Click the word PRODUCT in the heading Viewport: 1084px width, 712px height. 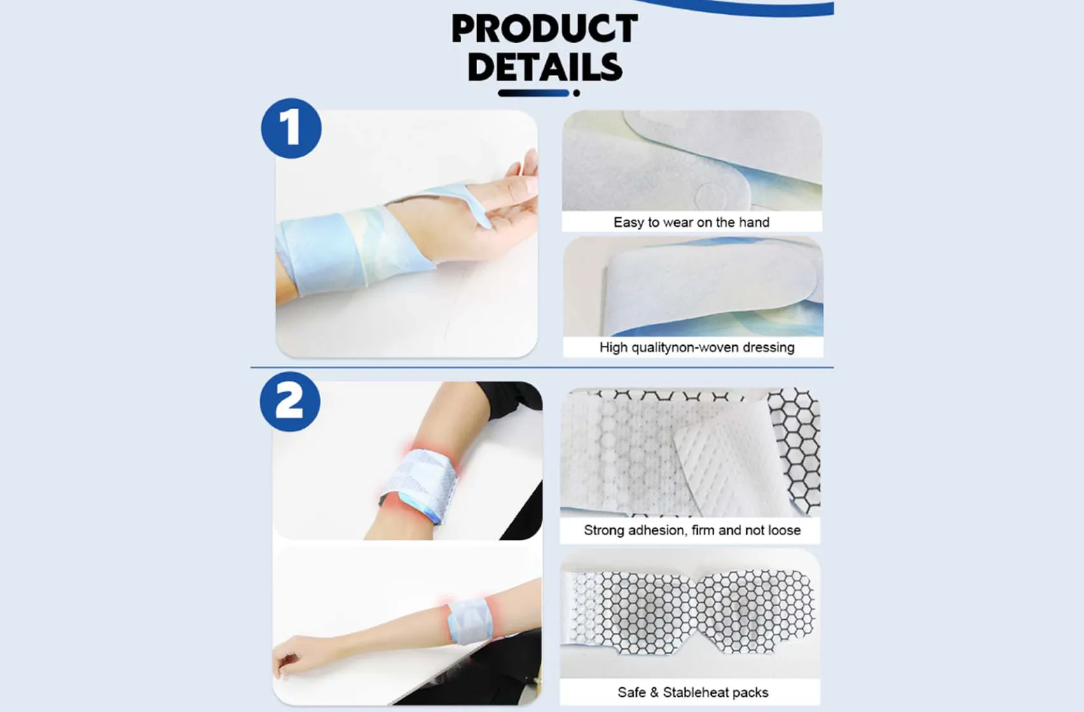(x=545, y=29)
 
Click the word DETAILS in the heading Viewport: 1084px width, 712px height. (x=545, y=67)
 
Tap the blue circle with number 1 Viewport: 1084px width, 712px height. (x=291, y=128)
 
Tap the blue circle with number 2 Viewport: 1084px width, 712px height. (x=290, y=402)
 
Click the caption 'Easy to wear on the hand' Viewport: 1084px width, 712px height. (x=691, y=222)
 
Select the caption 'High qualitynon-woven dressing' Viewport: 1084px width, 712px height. (x=697, y=348)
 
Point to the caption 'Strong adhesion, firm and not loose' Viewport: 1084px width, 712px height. (x=692, y=530)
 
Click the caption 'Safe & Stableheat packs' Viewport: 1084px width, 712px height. (x=693, y=692)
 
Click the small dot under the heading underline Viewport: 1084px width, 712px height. (x=576, y=93)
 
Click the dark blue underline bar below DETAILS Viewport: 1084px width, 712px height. (x=533, y=93)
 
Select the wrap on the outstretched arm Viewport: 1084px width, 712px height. (x=469, y=620)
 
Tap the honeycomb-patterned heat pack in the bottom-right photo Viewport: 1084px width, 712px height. (x=693, y=613)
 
